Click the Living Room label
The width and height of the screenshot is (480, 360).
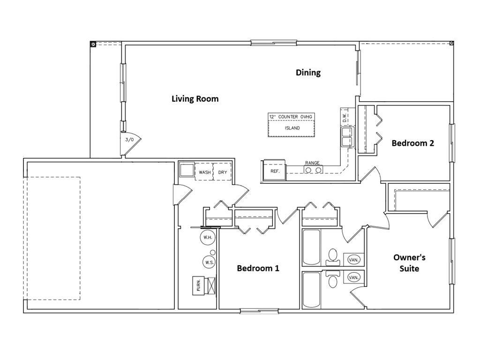pyautogui.click(x=195, y=99)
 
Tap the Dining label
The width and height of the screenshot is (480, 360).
pyautogui.click(x=308, y=73)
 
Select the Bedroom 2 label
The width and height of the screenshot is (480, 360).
pyautogui.click(x=412, y=143)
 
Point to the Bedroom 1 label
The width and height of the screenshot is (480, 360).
pyautogui.click(x=258, y=268)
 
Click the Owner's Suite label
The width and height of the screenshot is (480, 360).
pyautogui.click(x=409, y=263)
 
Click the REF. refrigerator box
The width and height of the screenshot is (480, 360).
pyautogui.click(x=275, y=171)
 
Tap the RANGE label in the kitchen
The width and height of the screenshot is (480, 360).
pyautogui.click(x=312, y=163)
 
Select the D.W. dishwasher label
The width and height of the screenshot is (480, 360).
pyautogui.click(x=345, y=117)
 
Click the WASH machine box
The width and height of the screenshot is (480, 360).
pyautogui.click(x=204, y=172)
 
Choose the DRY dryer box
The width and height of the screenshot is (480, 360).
pyautogui.click(x=222, y=172)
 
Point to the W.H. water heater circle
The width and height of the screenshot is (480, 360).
pyautogui.click(x=207, y=238)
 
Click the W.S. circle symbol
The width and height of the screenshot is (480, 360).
pyautogui.click(x=209, y=262)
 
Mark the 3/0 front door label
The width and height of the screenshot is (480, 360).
pyautogui.click(x=129, y=140)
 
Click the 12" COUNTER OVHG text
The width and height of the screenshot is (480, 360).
pyautogui.click(x=291, y=116)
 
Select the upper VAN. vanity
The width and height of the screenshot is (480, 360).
pyautogui.click(x=354, y=259)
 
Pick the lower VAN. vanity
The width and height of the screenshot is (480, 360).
pyautogui.click(x=354, y=277)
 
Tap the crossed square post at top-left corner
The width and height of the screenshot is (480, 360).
pyautogui.click(x=93, y=44)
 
